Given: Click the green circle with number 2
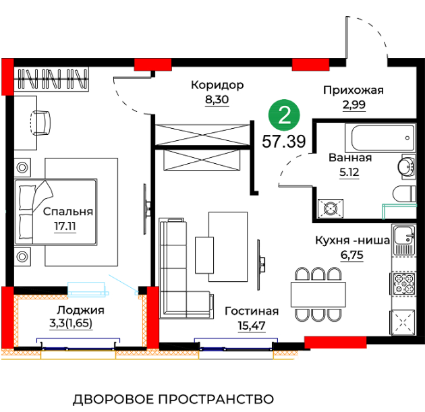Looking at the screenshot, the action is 284,115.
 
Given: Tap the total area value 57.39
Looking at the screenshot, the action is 284,142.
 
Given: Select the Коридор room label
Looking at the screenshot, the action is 217,86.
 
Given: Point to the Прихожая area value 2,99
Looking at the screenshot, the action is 354,105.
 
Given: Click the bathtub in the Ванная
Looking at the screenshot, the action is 380,138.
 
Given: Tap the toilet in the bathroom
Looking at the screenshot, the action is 404,194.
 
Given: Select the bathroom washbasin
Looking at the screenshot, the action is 407,167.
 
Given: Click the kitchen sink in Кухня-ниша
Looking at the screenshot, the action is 403,240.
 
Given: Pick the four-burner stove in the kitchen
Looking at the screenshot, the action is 403,284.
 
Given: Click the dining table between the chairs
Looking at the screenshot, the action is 318,295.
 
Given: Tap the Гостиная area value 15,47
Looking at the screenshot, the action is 252,326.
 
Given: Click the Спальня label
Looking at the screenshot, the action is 67,212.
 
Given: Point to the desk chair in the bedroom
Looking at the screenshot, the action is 40,123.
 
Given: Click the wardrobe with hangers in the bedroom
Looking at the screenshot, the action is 51,79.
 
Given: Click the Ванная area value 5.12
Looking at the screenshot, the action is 349,172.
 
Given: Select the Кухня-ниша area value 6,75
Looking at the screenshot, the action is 352,255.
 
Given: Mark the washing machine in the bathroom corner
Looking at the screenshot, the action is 331,208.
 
